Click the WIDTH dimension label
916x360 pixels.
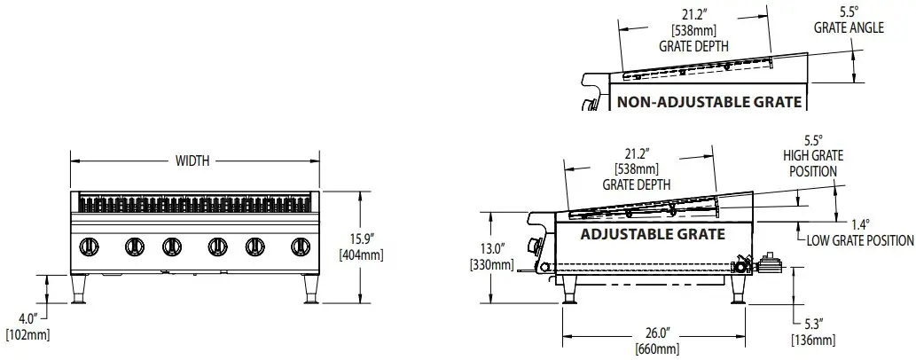[192, 160]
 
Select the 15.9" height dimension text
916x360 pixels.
[361, 239]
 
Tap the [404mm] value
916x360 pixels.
[361, 255]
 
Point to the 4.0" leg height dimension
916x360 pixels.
[27, 317]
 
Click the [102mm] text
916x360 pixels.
[27, 334]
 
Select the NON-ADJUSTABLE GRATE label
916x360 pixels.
[709, 102]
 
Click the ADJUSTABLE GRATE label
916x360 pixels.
[652, 235]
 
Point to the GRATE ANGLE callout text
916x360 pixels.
[849, 27]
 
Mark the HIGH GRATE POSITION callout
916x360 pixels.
[812, 163]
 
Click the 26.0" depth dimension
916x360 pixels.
[656, 333]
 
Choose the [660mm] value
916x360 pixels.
[656, 348]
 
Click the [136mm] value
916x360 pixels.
[812, 340]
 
